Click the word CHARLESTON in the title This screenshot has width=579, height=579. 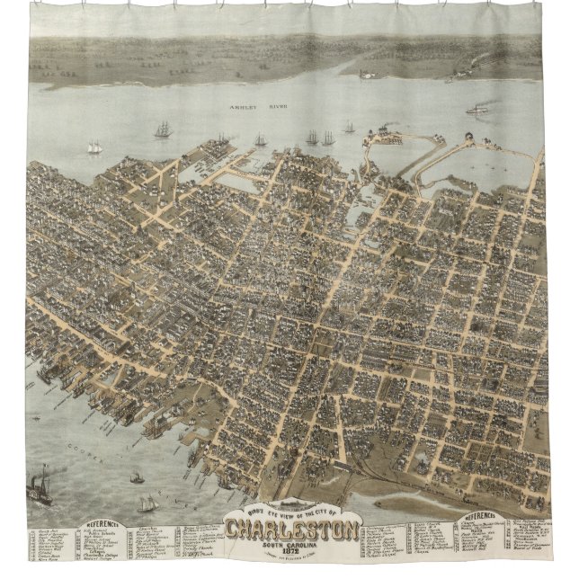coord(293,530)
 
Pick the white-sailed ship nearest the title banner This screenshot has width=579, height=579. coord(147,503)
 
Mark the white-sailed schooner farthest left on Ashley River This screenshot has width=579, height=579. coord(94,147)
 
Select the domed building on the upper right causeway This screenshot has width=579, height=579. coord(469,139)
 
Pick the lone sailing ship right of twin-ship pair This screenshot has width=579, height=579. coord(349,129)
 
